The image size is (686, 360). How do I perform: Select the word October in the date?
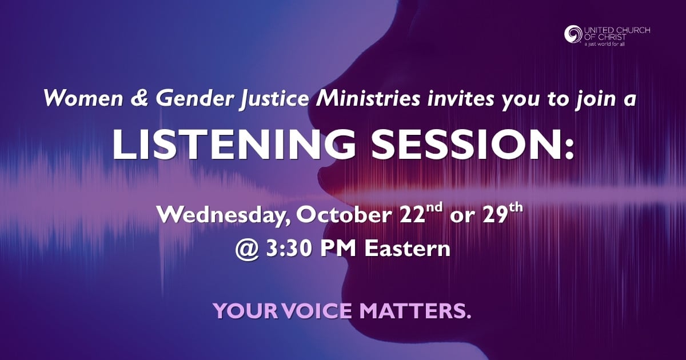coord(342,215)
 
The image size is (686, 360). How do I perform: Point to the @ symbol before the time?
coord(247,250)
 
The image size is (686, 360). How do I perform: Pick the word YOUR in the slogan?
coord(246,311)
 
